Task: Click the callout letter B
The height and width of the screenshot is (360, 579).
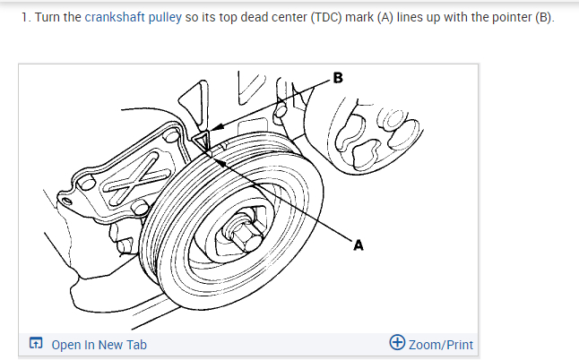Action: pos(337,78)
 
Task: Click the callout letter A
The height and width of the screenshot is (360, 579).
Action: pos(359,243)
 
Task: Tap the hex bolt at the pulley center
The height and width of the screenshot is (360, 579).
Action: pos(243,235)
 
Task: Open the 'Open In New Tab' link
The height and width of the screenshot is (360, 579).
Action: pos(99,345)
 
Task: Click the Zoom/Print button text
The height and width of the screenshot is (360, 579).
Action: pos(440,345)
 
